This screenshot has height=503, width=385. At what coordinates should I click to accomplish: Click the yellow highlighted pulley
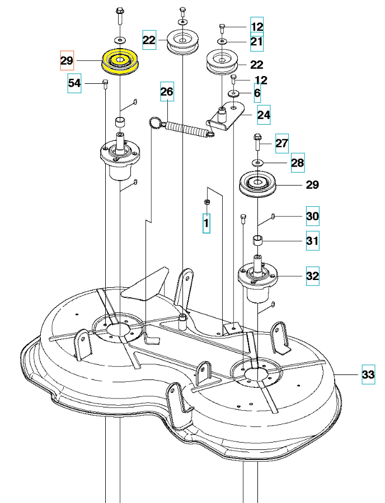120,61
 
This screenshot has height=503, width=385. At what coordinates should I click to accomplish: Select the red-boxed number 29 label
67,60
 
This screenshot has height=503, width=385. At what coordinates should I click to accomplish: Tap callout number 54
74,83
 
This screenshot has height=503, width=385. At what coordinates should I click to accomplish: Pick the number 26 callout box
167,92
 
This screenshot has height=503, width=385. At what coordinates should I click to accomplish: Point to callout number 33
368,374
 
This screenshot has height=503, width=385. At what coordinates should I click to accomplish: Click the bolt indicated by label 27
257,143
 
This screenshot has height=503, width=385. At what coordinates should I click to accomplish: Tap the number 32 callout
312,276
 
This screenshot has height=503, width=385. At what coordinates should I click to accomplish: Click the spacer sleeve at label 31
258,240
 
